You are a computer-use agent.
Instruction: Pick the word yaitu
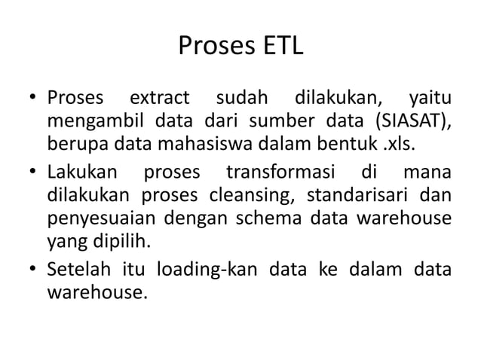click(x=429, y=99)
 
